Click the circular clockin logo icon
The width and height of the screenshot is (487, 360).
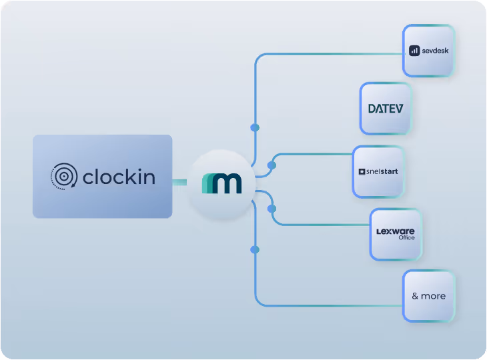point(63,177)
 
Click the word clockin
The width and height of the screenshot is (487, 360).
point(119,177)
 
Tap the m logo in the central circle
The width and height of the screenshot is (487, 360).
point(221,182)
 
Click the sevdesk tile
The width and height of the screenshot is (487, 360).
point(428,51)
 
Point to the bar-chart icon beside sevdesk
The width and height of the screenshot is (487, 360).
point(414,51)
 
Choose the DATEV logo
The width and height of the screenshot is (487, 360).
point(386,108)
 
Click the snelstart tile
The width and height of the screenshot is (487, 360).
point(378,172)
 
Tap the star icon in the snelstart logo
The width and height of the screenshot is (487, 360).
point(362,172)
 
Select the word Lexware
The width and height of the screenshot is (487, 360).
point(396,231)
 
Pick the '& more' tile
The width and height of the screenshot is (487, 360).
point(428,296)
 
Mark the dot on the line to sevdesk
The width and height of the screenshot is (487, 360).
point(254,127)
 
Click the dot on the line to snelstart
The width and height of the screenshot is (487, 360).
point(272,165)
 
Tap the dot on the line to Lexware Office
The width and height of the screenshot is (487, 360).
point(272,209)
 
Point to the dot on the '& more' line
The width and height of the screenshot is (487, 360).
point(254,249)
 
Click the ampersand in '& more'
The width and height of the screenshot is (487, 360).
point(415,296)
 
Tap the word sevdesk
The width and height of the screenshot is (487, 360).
point(434,51)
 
